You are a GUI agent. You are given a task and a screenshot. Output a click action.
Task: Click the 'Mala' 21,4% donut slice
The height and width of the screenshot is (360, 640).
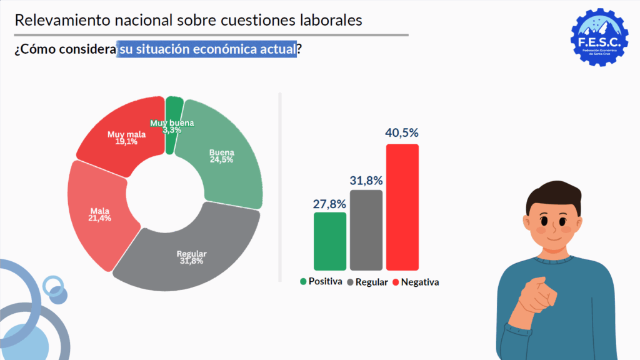pos(97,216)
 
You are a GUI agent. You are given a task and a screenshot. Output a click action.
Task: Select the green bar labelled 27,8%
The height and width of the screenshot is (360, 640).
pos(330,241)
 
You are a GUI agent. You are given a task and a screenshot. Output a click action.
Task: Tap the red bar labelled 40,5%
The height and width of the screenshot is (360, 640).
pos(402,207)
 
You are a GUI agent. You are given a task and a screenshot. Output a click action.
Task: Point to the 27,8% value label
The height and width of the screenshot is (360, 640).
pos(329,203)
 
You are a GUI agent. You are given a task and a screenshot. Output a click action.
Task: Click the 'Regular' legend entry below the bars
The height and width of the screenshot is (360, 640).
pos(371,282)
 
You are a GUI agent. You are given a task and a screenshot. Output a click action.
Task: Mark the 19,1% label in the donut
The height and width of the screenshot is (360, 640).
pos(126,141)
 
